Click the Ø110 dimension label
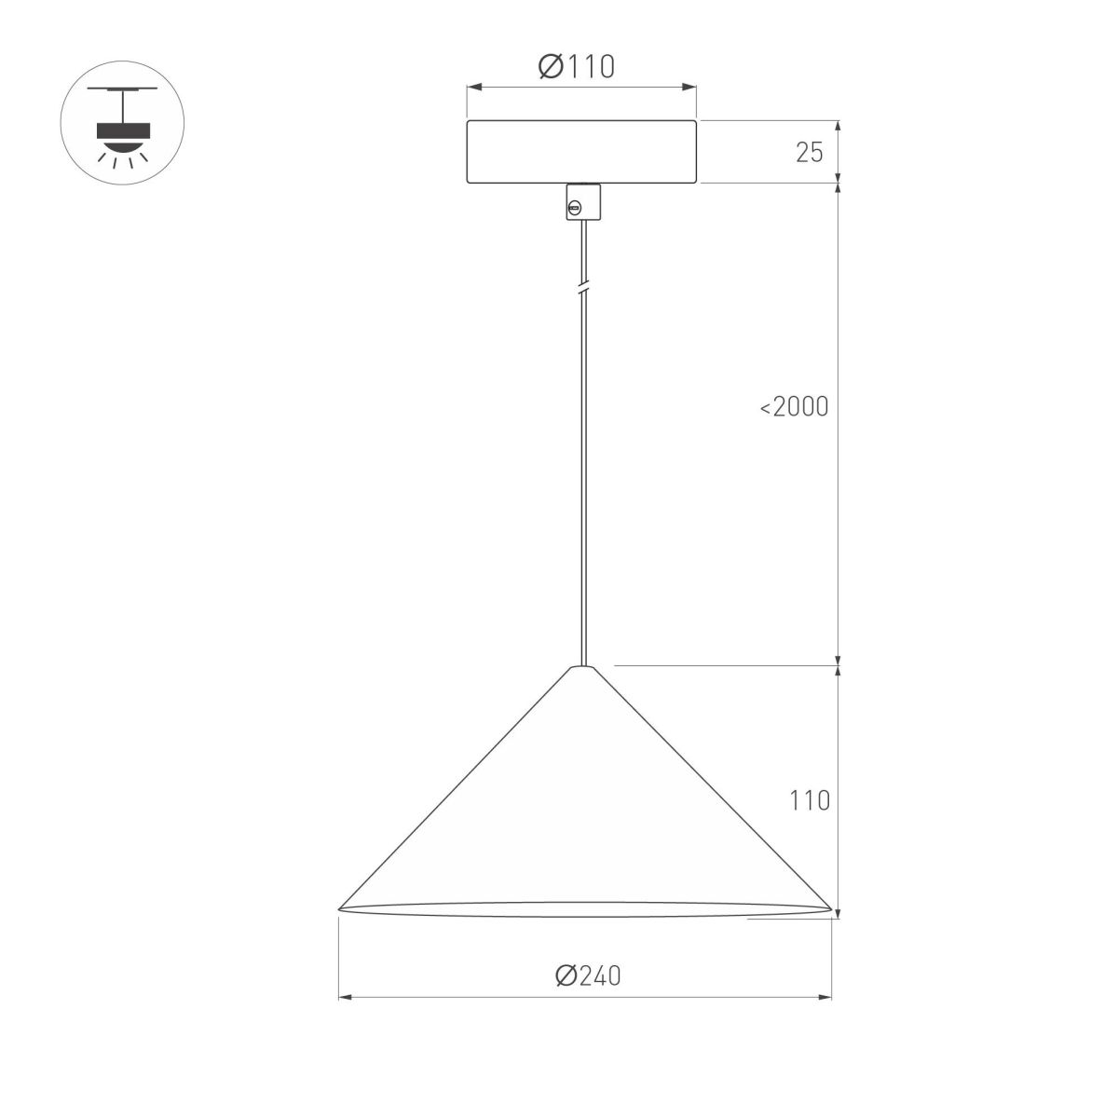pyautogui.click(x=577, y=66)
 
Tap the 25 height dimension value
pyautogui.click(x=810, y=153)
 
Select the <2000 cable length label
pyautogui.click(x=794, y=407)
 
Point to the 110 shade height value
pyautogui.click(x=809, y=800)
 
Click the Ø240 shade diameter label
pyautogui.click(x=587, y=975)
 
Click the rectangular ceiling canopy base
pyautogui.click(x=582, y=151)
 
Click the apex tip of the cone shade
pyautogui.click(x=583, y=667)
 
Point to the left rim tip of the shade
pyautogui.click(x=340, y=907)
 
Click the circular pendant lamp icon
pyautogui.click(x=122, y=123)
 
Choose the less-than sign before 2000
pyautogui.click(x=765, y=408)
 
